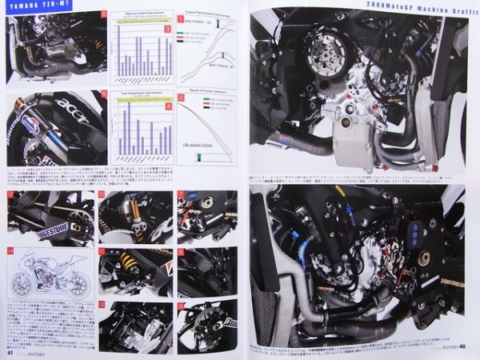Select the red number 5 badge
[102, 14]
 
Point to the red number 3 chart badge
[168, 30]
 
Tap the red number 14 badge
[10, 251]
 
